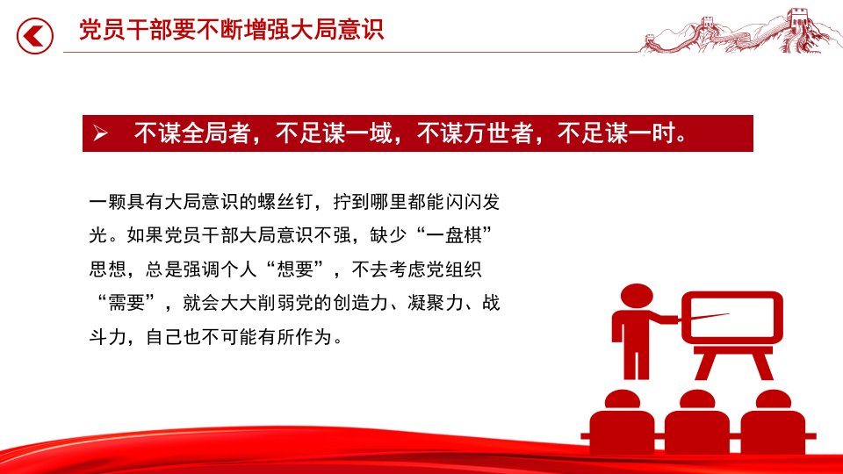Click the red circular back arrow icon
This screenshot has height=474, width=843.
pyautogui.click(x=35, y=36)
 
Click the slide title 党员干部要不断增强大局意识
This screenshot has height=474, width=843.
pyautogui.click(x=231, y=30)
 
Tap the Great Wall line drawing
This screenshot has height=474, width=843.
pyautogui.click(x=739, y=32)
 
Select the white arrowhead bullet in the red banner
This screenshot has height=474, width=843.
pyautogui.click(x=100, y=133)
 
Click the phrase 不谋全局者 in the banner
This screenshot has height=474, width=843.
pyautogui.click(x=192, y=133)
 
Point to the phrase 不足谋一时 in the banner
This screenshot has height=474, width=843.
pyautogui.click(x=616, y=133)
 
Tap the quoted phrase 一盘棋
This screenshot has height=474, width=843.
pyautogui.click(x=454, y=235)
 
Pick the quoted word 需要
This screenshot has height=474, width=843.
pyautogui.click(x=126, y=303)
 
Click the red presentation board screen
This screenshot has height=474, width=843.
pyautogui.click(x=732, y=318)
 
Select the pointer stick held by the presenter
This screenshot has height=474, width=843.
pyautogui.click(x=703, y=317)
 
